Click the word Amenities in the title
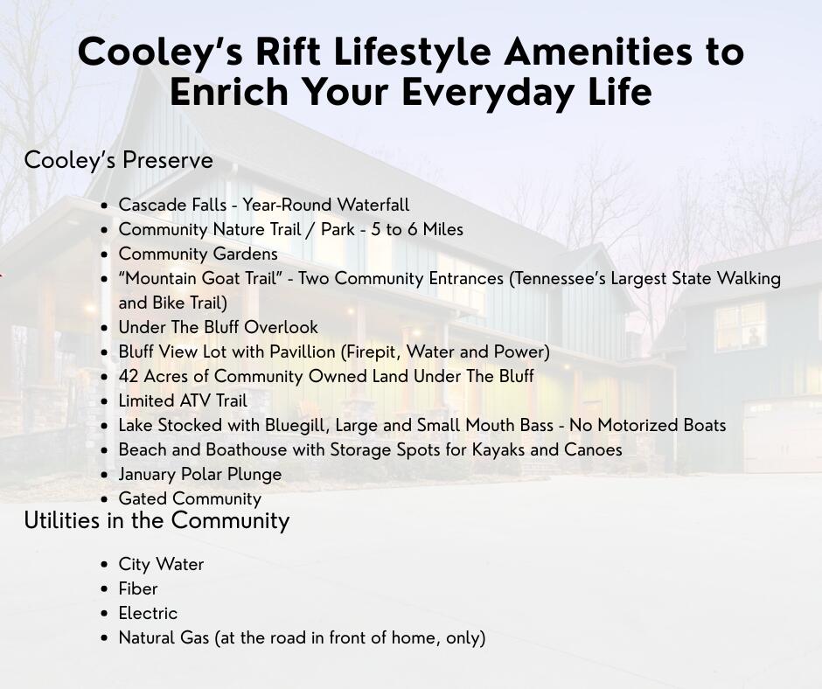pos(597,52)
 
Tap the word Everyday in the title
pos(488,93)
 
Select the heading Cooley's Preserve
pos(118,161)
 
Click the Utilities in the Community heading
pos(157,520)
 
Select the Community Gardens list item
pos(199,254)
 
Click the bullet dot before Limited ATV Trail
pos(105,401)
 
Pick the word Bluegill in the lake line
pos(298,425)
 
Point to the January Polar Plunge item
pos(200,475)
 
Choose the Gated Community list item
pos(190,498)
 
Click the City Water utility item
pos(161,564)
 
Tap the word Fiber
pos(138,588)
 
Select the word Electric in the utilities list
pos(148,613)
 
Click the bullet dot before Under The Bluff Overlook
pos(105,328)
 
